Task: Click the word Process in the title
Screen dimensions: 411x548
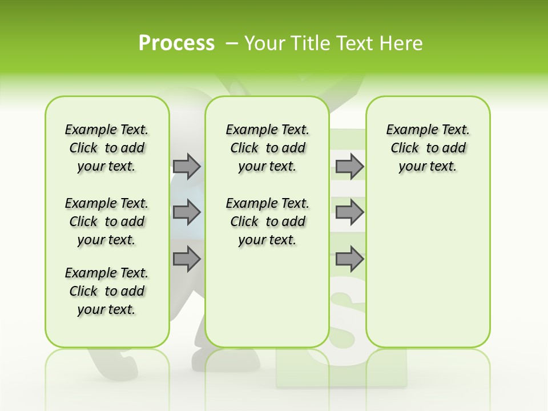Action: pyautogui.click(x=176, y=43)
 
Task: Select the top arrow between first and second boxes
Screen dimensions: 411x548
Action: pyautogui.click(x=187, y=166)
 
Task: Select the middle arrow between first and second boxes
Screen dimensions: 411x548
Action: pyautogui.click(x=187, y=212)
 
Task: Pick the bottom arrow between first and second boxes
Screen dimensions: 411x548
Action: pyautogui.click(x=187, y=259)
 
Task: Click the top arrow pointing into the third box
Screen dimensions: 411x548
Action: pyautogui.click(x=349, y=166)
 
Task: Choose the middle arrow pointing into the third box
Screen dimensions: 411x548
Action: pyautogui.click(x=349, y=212)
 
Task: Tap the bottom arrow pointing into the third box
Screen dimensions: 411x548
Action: pyautogui.click(x=349, y=259)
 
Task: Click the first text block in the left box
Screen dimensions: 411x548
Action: pyautogui.click(x=107, y=148)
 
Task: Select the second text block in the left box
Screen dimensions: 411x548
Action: pyautogui.click(x=107, y=221)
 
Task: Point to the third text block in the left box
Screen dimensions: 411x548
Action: pyautogui.click(x=107, y=291)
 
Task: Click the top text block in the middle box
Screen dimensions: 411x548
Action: pyautogui.click(x=267, y=148)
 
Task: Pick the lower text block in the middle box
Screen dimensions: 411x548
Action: pyautogui.click(x=267, y=221)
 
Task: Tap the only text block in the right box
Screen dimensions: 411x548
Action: pyautogui.click(x=428, y=148)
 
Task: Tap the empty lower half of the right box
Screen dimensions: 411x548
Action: pyautogui.click(x=428, y=274)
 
